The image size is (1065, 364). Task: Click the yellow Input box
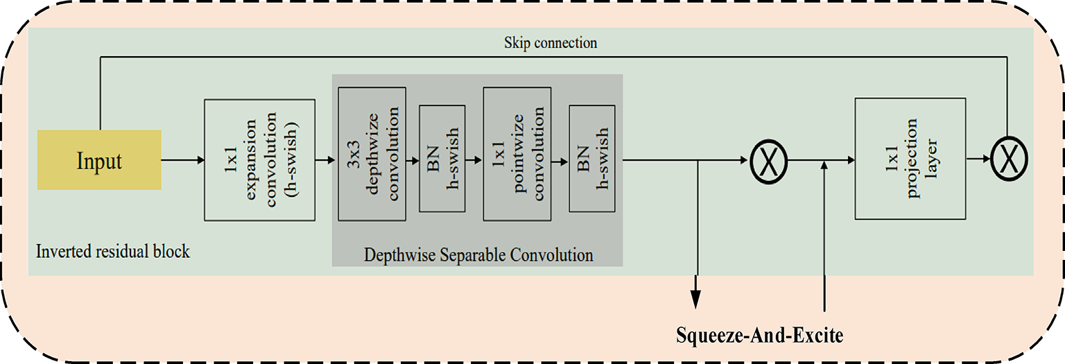99,160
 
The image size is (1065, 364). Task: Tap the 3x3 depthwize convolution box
372,154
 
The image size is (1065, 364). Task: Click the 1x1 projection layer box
910,158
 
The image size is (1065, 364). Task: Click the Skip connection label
551,43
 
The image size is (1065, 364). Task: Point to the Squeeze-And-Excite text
760,336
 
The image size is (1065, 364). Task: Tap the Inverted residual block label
113,251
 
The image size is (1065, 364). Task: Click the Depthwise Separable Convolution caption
478,255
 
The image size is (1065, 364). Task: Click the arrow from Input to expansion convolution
183,160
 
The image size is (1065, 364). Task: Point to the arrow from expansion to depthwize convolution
327,160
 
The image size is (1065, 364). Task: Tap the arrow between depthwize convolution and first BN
413,160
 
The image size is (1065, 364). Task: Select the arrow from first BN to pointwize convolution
474,160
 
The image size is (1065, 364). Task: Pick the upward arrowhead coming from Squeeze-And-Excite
824,166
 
